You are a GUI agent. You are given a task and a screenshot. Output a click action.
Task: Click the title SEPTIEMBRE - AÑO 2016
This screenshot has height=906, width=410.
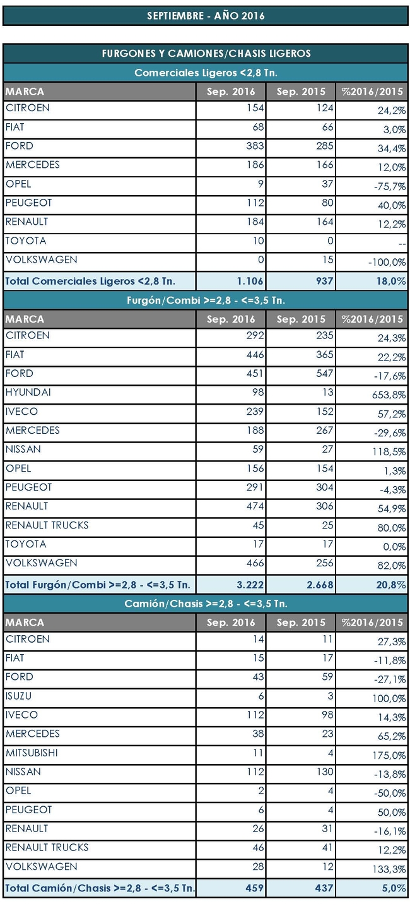(x=206, y=16)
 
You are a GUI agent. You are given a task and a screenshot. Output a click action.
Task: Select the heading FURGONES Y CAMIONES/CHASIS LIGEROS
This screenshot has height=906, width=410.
(x=206, y=54)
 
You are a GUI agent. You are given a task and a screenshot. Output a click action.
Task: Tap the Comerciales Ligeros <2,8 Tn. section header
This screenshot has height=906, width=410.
(x=206, y=73)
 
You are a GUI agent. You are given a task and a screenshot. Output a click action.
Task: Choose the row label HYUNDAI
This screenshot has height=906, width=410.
(x=28, y=393)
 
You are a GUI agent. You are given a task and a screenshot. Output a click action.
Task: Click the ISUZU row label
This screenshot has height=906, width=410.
(x=18, y=696)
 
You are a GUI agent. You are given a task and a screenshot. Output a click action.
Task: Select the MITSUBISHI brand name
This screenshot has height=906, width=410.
(x=32, y=753)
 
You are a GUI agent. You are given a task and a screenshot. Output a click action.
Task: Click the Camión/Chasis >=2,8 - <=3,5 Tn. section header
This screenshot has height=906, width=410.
(x=206, y=604)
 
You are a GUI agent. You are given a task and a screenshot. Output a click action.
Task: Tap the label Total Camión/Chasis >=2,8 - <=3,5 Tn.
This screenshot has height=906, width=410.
(x=99, y=888)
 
